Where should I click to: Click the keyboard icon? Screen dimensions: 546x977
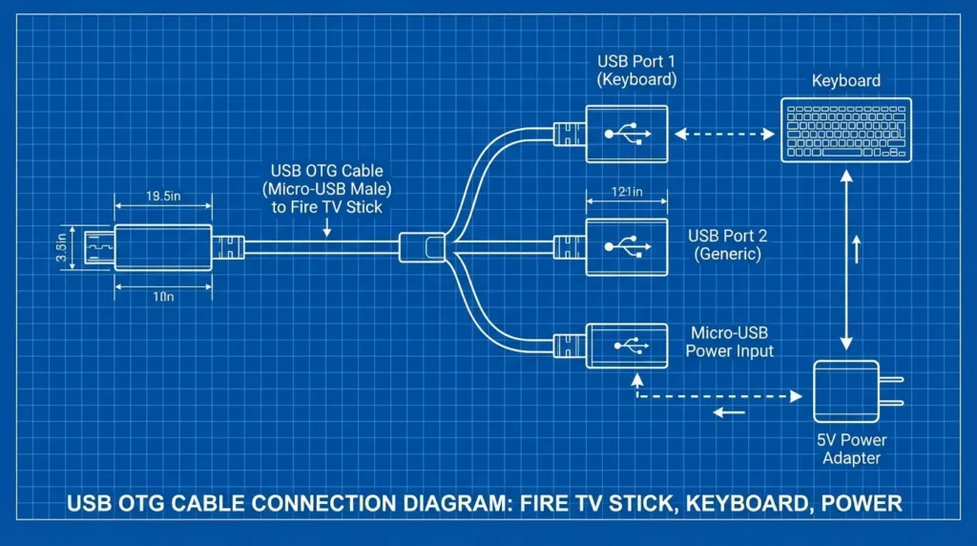click(845, 130)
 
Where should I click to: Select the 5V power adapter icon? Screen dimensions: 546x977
click(844, 392)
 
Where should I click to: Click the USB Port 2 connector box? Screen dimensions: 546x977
click(626, 244)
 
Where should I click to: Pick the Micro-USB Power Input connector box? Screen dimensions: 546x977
click(625, 346)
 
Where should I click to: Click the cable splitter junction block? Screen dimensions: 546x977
click(422, 247)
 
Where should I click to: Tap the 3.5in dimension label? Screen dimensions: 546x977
click(61, 247)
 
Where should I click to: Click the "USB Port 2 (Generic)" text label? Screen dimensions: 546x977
click(728, 244)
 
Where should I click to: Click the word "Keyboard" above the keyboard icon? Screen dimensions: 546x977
click(845, 80)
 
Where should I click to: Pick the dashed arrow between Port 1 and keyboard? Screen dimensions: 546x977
click(723, 135)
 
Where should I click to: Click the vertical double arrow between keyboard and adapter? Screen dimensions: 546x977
click(845, 258)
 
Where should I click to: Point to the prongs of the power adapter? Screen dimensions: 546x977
click(891, 391)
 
